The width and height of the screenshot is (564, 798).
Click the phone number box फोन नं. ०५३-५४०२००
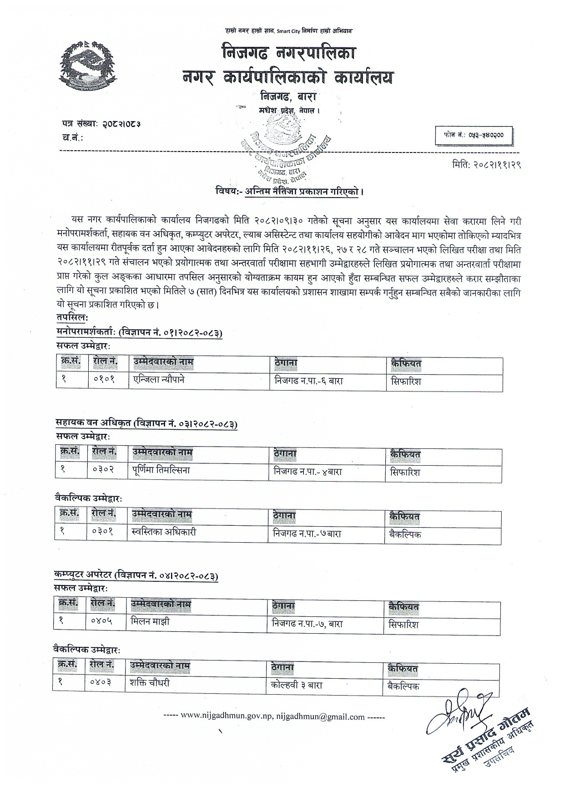[474, 135]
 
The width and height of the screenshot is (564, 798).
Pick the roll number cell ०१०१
[104, 381]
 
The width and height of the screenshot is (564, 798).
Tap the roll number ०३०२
[103, 470]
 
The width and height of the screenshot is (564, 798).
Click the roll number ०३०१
[102, 532]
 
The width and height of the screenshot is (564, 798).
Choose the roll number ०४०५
[101, 621]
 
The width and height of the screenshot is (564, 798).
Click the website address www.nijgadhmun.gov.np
[226, 717]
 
